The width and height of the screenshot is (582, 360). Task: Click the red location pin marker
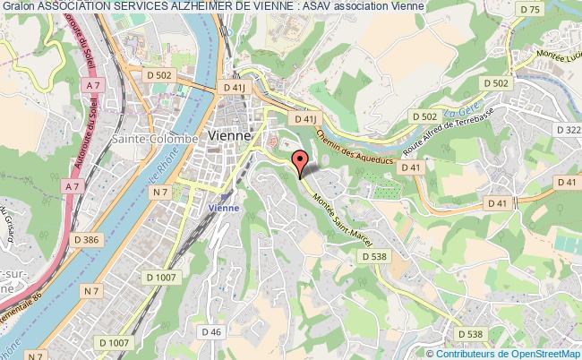click(300, 162)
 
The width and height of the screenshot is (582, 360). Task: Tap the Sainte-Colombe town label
click(146, 139)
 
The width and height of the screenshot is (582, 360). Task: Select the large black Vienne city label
click(228, 134)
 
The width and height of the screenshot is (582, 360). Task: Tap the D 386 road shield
click(87, 240)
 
